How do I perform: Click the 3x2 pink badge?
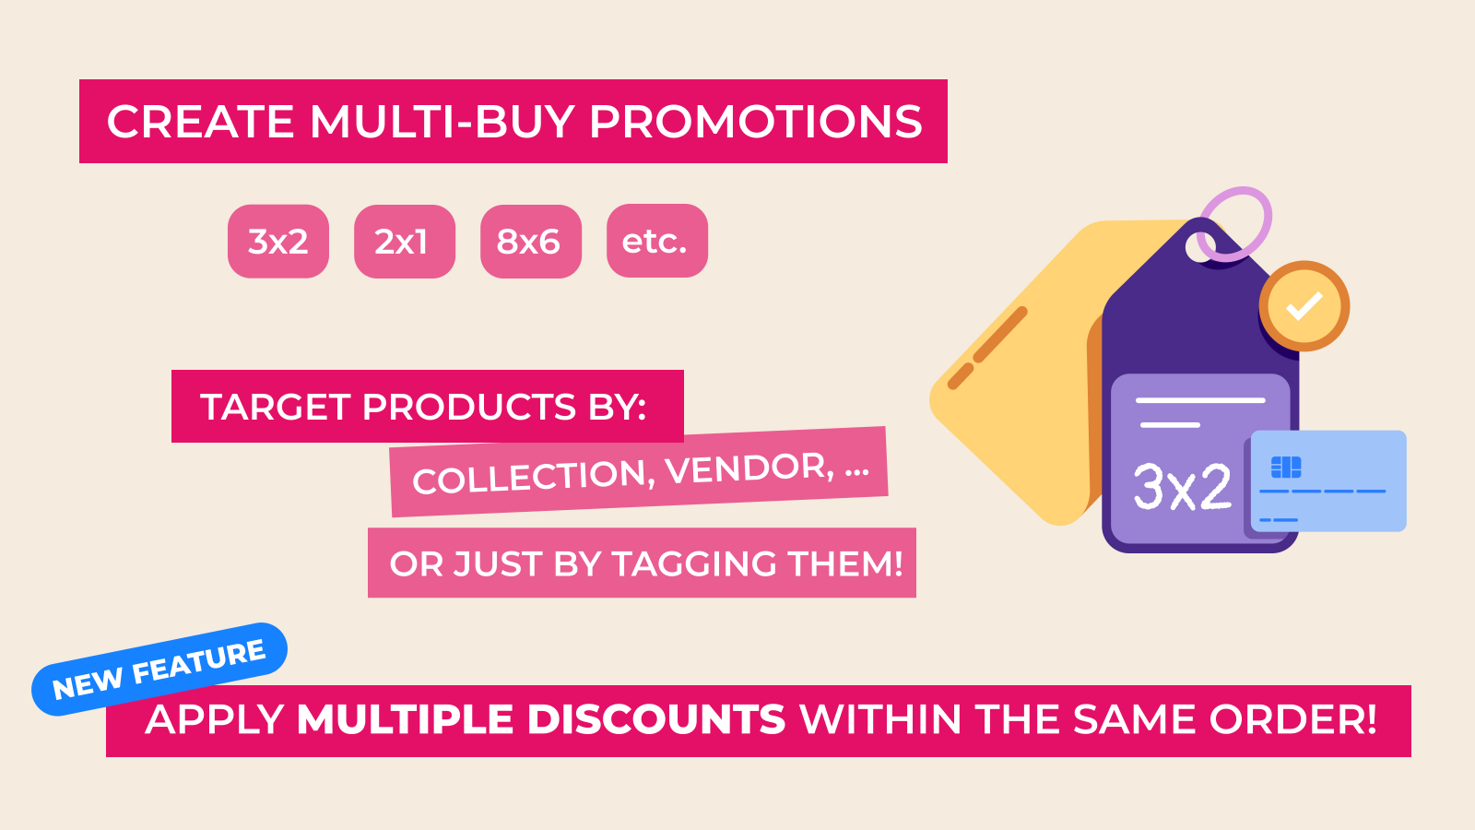[277, 241]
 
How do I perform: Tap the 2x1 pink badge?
[405, 241]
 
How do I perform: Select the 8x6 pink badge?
[531, 241]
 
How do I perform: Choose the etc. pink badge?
[657, 241]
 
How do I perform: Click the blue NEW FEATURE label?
[159, 670]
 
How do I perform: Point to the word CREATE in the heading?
[200, 122]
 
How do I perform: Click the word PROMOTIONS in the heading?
[756, 122]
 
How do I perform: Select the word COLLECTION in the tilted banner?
[534, 476]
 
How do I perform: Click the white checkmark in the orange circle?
[1304, 305]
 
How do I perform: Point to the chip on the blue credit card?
[1286, 467]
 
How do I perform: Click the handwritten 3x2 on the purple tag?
[1182, 487]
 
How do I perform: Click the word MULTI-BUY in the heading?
[442, 122]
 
